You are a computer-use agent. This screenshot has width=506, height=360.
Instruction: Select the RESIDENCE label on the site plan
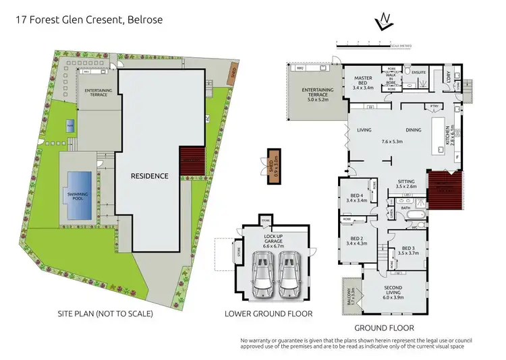[x=149, y=176]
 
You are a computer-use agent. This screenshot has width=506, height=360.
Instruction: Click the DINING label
[x=414, y=130]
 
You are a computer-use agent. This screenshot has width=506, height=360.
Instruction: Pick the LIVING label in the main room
[x=365, y=130]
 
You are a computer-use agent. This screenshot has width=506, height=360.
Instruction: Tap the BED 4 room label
[x=356, y=197]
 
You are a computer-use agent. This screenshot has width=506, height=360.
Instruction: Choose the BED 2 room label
[x=356, y=239]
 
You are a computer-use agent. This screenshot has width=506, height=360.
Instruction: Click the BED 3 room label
[x=409, y=249]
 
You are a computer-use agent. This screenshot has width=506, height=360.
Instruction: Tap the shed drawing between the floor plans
[x=273, y=164]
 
